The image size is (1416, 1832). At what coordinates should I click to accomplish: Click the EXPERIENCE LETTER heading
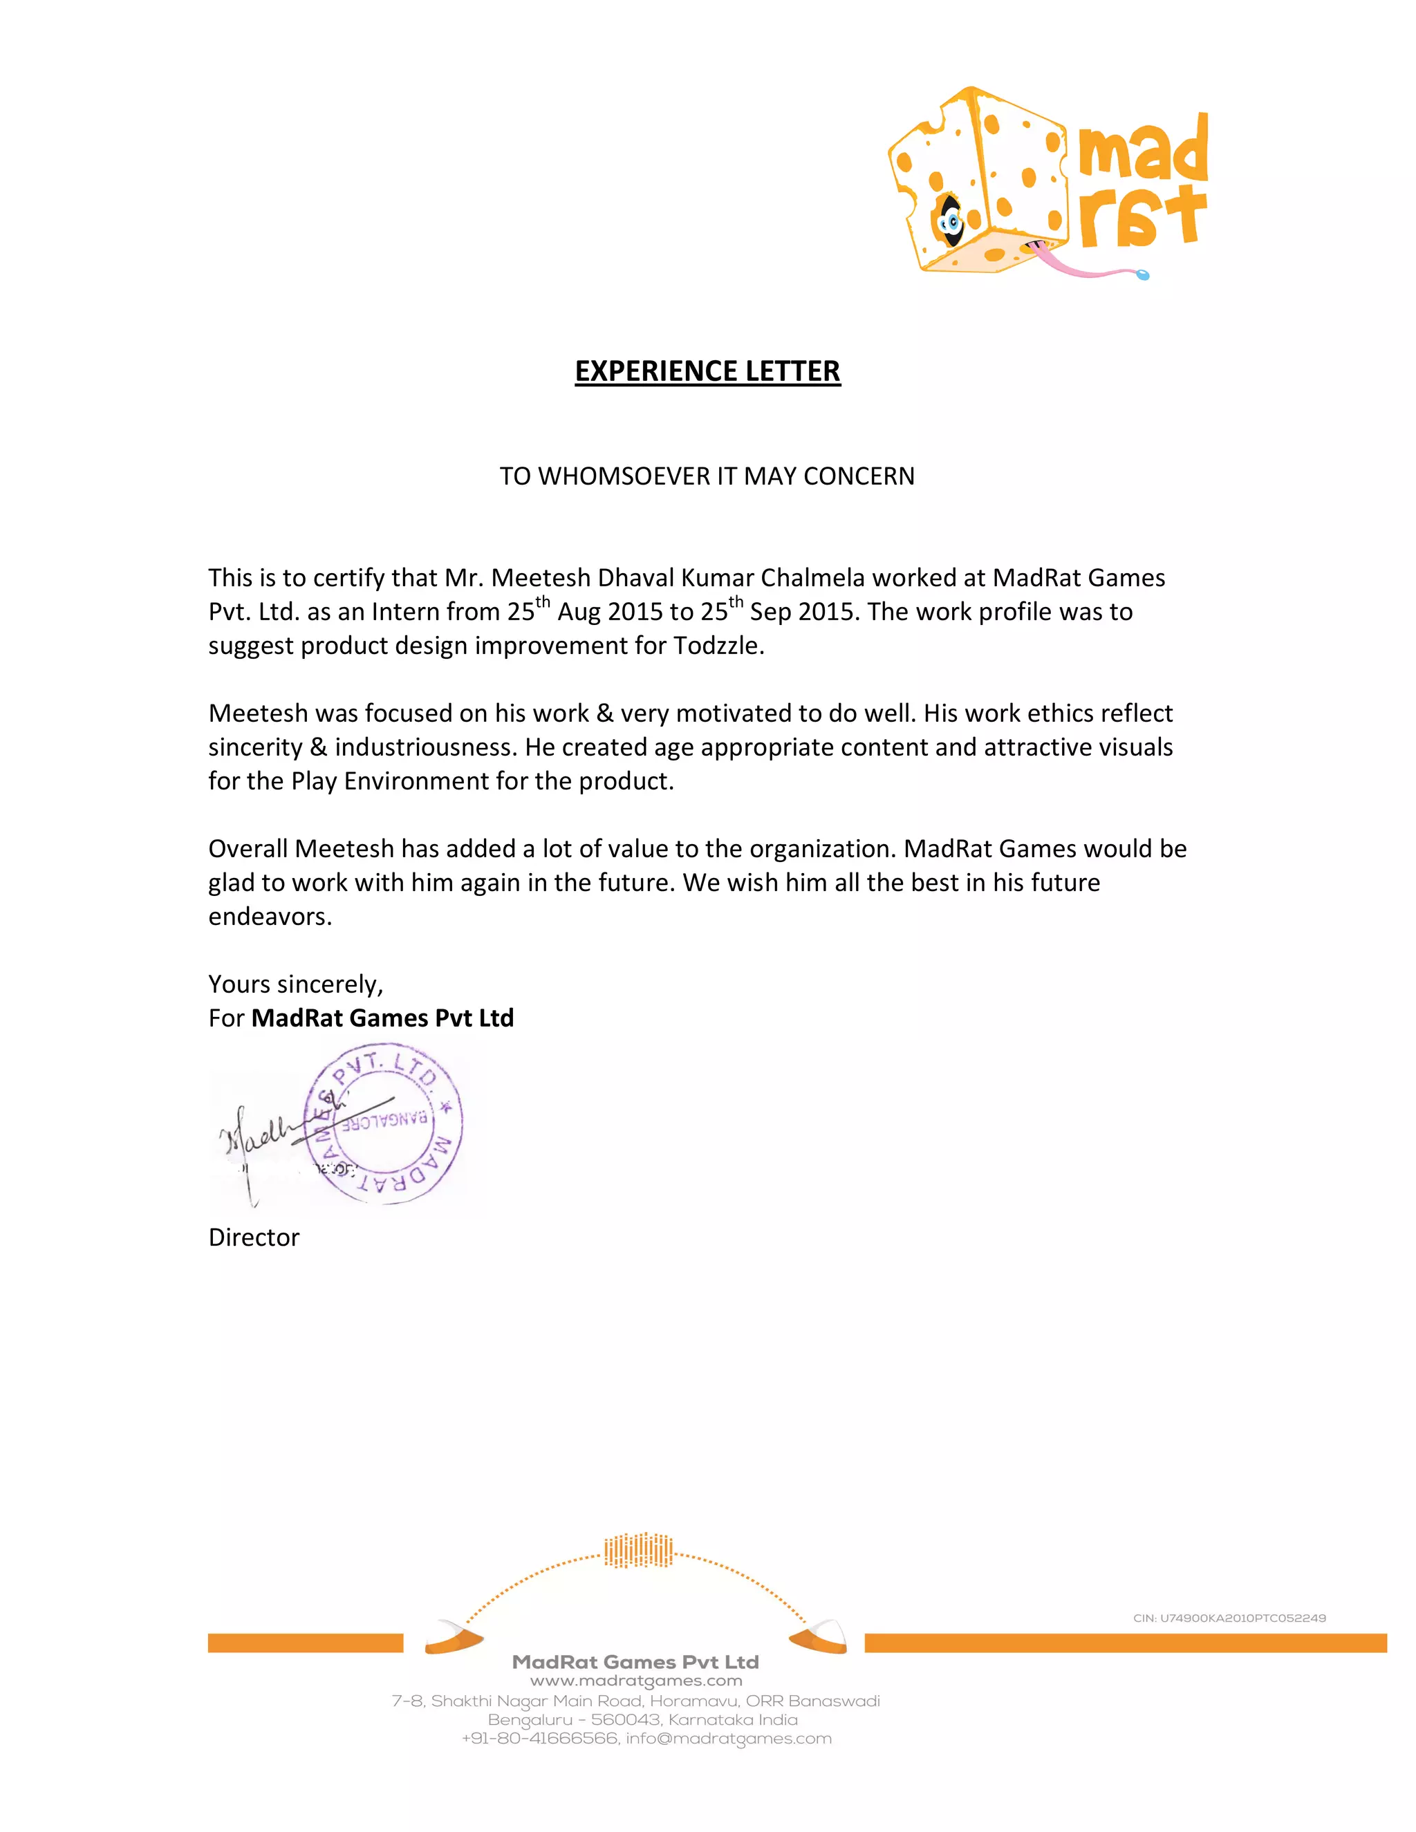707,371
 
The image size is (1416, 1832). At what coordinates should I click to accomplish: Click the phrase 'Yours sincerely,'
295,984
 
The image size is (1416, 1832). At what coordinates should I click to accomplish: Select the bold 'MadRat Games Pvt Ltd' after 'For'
382,1018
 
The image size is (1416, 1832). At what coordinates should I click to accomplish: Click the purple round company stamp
384,1124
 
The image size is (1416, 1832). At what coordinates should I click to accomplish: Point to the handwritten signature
268,1132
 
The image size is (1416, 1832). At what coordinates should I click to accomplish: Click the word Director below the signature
253,1237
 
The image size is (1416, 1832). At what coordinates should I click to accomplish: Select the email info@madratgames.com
728,1739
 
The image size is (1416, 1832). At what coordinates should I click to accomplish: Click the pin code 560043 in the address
625,1719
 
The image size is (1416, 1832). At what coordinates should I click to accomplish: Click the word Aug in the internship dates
579,613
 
